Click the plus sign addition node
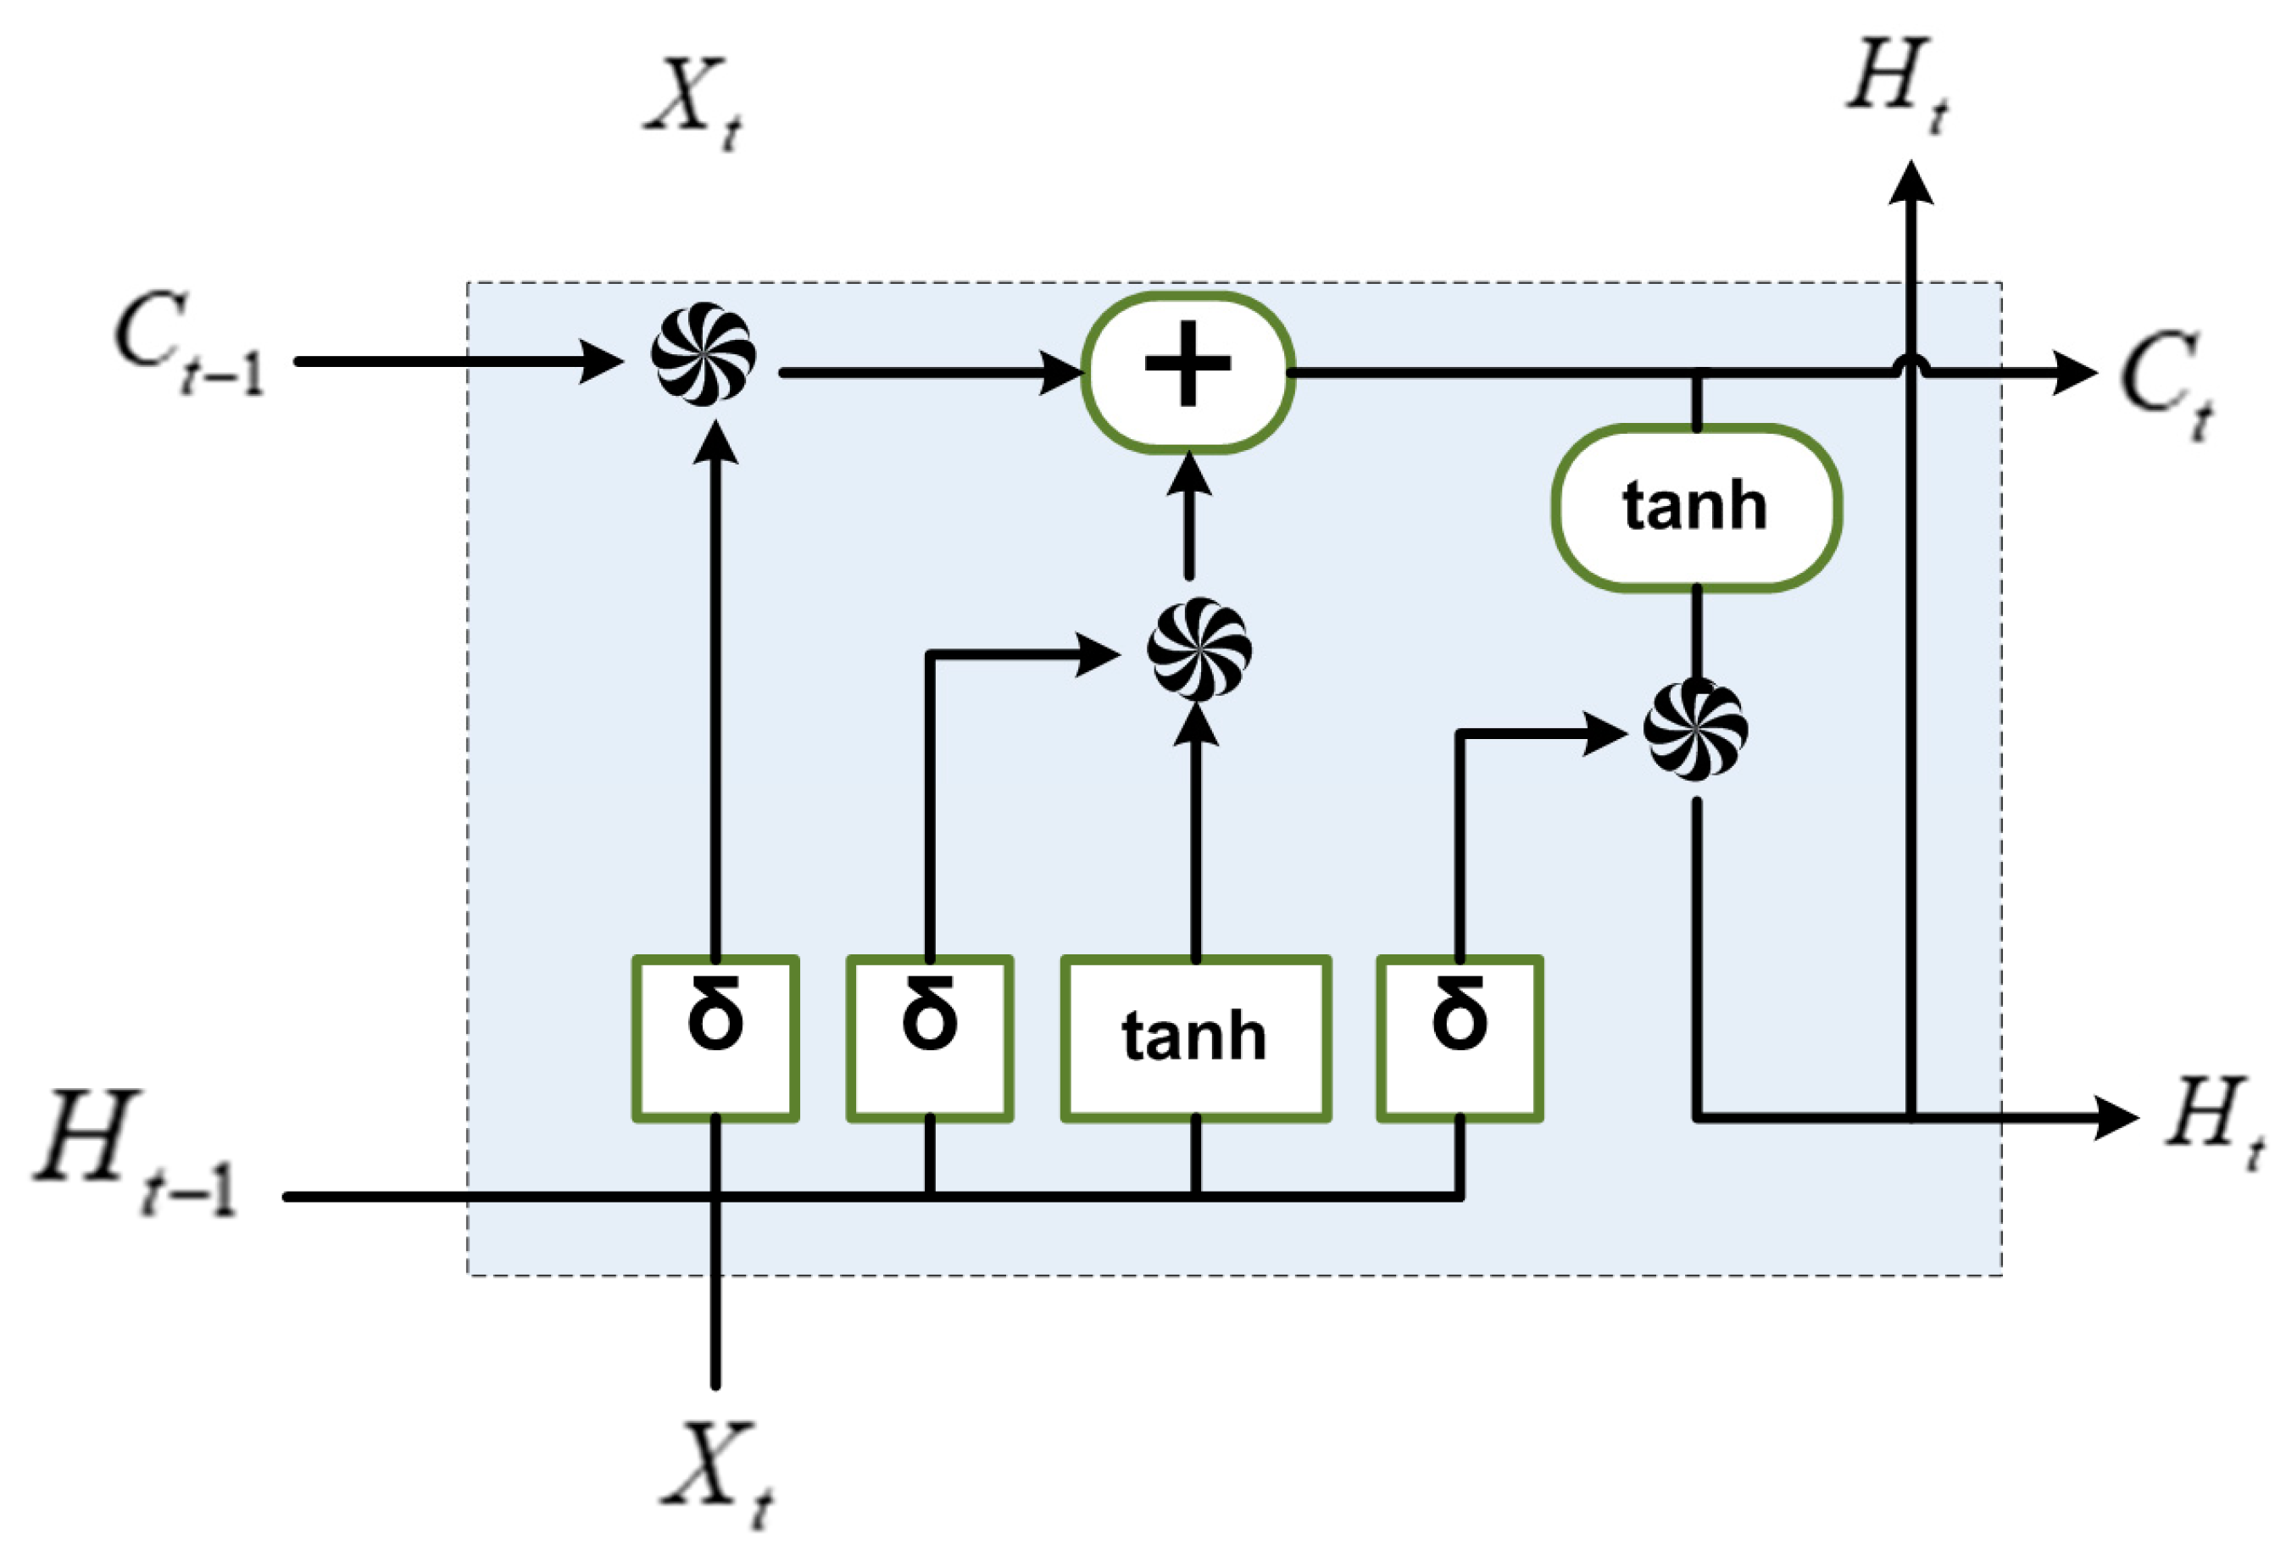pyautogui.click(x=1187, y=373)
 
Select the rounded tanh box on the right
pyautogui.click(x=1696, y=508)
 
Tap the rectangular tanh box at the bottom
pyautogui.click(x=1195, y=1037)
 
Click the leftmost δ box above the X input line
pyautogui.click(x=715, y=1037)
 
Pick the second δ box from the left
pyautogui.click(x=930, y=1037)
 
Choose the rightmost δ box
pyautogui.click(x=1459, y=1037)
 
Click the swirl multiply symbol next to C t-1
pyautogui.click(x=704, y=354)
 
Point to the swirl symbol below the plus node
pyautogui.click(x=1199, y=649)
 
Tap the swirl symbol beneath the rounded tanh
pyautogui.click(x=1696, y=730)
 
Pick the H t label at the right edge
pyautogui.click(x=2213, y=1121)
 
